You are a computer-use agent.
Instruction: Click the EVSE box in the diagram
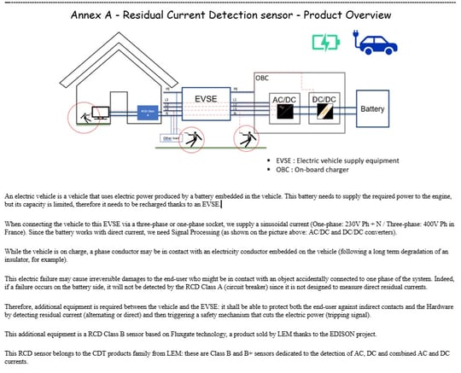(206, 101)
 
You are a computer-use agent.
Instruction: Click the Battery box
(372, 109)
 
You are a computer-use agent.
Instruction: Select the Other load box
(170, 137)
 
